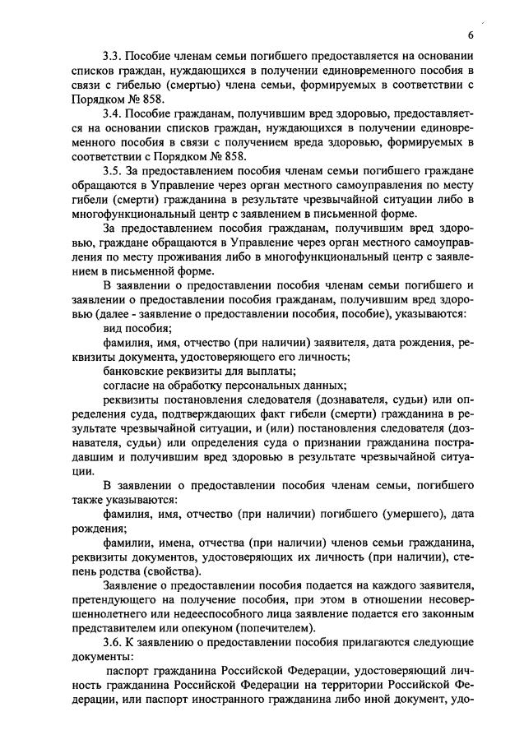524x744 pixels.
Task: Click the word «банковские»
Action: (x=136, y=371)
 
